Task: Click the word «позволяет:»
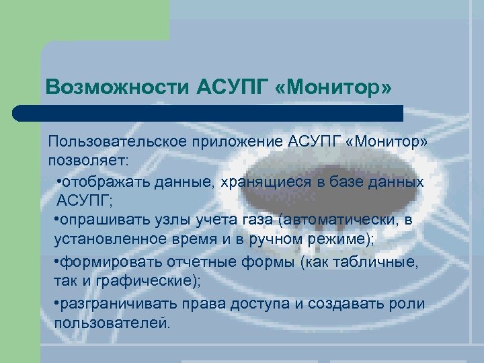pos(91,161)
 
